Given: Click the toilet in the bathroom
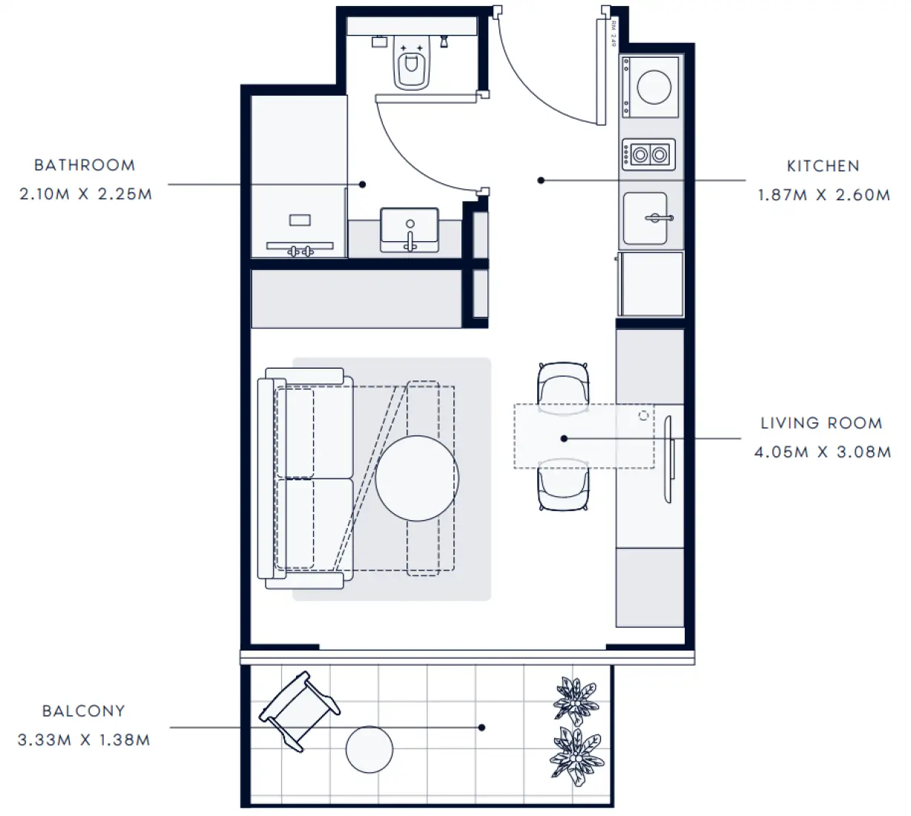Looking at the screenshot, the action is pos(411,63).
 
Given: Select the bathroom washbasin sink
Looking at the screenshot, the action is pos(410,230).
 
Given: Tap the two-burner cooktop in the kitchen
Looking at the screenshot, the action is pos(648,154).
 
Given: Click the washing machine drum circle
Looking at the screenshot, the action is pos(654,88).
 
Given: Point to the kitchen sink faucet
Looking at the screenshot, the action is pos(659,218).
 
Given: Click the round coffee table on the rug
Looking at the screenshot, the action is pos(417,478).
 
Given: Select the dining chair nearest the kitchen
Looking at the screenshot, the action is pos(563,386).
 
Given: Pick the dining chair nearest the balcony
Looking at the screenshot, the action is pos(563,485).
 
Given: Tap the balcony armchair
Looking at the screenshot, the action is pos(299,711).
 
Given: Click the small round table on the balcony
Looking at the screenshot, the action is pos(369,749).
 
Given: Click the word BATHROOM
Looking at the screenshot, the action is pos(85,165).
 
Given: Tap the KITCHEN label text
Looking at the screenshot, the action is pos(823,166).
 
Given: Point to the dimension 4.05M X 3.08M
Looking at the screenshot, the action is pos(823,452).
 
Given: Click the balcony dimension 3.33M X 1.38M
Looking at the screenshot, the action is pos(84,740).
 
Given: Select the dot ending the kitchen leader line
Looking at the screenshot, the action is pos(541,180).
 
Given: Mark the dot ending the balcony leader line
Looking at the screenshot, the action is pos(481,728).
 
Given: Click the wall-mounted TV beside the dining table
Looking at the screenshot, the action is pos(669,459).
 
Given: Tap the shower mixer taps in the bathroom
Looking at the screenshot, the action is pos(300,251).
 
